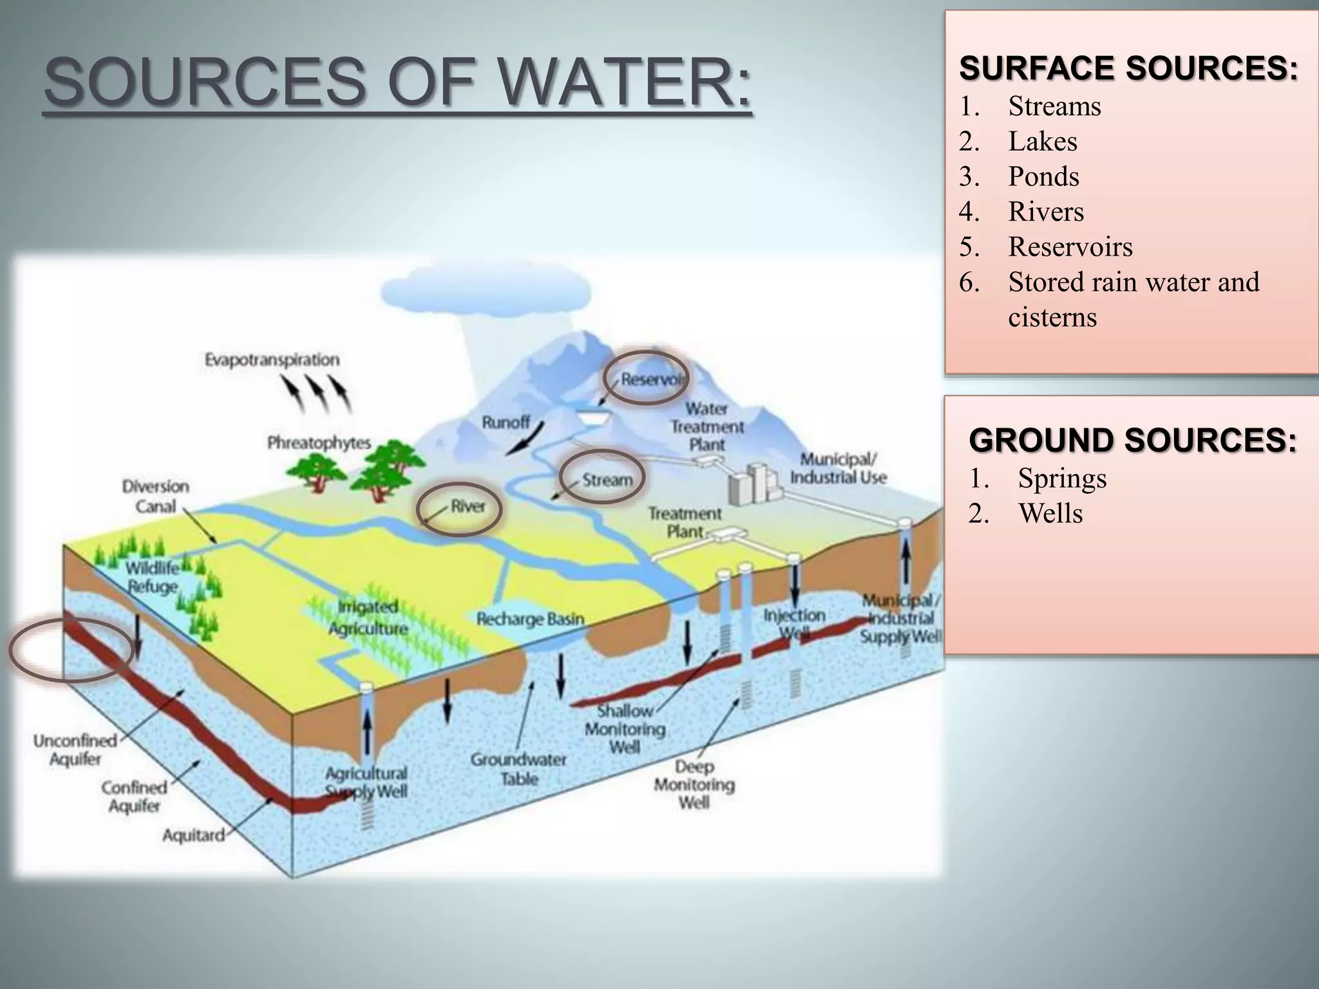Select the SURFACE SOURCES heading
1128,68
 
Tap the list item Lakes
1042,142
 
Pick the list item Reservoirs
1070,247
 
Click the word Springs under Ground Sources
1062,478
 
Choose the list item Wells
1050,514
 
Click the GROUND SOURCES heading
1132,440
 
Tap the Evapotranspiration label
272,359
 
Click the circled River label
468,506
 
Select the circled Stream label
607,480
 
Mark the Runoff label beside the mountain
506,422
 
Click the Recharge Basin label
530,619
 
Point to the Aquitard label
193,835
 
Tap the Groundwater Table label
518,769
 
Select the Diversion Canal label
155,496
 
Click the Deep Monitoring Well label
694,784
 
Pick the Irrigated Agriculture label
368,617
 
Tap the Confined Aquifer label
134,796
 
